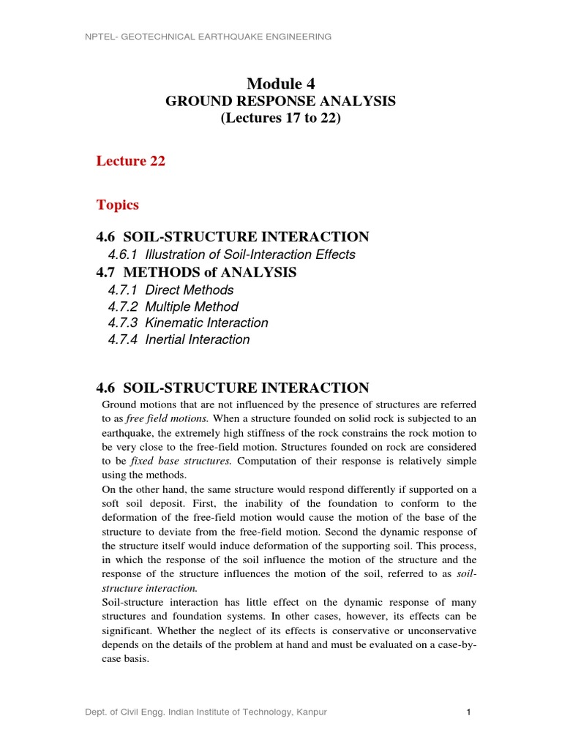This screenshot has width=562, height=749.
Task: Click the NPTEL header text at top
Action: coord(208,36)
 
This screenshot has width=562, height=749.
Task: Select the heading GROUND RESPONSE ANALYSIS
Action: coord(280,102)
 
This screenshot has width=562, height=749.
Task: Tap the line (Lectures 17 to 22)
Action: coord(280,119)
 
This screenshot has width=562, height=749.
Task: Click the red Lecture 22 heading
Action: coord(131,162)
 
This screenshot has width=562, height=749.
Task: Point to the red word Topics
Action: coord(117,205)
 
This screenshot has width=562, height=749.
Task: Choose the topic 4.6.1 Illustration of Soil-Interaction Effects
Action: coord(231,255)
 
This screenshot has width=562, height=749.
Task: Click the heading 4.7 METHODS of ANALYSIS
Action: coord(196,273)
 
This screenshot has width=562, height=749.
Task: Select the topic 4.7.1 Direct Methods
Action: coord(171,290)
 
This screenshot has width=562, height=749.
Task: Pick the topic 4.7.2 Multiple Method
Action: coord(173,306)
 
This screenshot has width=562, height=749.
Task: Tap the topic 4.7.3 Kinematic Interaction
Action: coord(188,323)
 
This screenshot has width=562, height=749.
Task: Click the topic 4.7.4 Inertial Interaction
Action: coord(179,339)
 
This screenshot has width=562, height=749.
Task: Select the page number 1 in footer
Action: coord(468,712)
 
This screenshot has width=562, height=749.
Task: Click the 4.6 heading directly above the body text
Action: coord(233,388)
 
